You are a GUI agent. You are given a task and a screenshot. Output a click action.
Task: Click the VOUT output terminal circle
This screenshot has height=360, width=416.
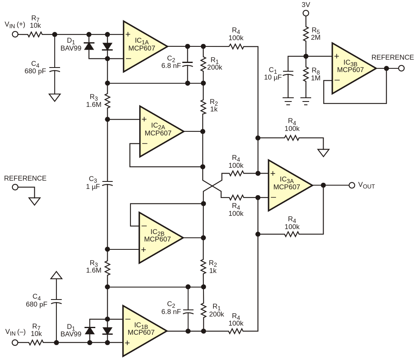click(352, 185)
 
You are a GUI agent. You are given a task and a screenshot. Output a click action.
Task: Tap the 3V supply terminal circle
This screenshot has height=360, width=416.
click(306, 13)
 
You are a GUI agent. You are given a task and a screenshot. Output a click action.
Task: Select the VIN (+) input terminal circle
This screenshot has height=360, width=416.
click(15, 34)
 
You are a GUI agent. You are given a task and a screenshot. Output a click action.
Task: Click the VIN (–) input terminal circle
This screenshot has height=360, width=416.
click(15, 343)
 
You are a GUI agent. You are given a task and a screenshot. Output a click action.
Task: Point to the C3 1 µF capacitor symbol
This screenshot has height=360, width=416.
click(107, 184)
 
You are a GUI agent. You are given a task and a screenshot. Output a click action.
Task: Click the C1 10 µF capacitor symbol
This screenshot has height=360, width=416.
click(288, 73)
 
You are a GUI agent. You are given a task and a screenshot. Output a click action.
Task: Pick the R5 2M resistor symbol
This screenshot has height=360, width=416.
click(306, 34)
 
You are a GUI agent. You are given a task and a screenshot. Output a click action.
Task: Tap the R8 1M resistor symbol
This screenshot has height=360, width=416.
click(306, 74)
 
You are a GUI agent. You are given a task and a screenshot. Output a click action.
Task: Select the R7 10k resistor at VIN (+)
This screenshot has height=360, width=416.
click(35, 34)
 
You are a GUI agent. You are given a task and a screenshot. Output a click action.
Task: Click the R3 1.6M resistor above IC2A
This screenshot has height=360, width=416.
click(107, 101)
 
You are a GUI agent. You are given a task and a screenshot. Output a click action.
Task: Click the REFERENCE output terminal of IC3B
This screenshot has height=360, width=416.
click(401, 68)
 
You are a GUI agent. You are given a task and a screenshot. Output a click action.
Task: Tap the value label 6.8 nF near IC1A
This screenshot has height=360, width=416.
click(171, 65)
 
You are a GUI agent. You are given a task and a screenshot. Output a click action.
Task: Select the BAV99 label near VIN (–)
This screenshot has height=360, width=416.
click(71, 334)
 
